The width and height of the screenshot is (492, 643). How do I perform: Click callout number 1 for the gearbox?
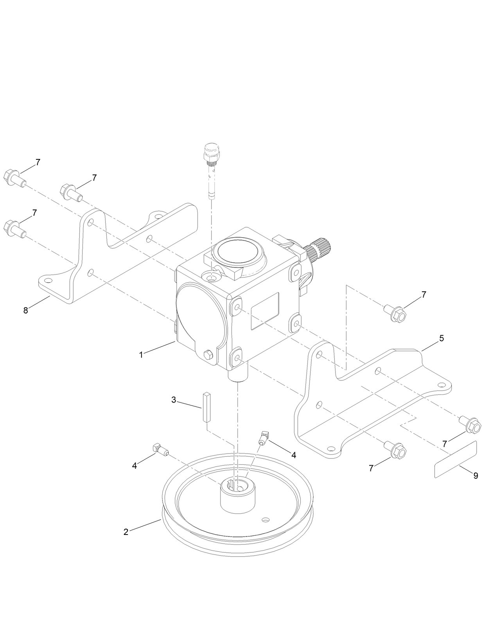click(x=141, y=354)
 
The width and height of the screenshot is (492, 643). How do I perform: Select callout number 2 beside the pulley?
click(x=126, y=532)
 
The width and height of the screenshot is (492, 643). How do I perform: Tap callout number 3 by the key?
click(x=174, y=400)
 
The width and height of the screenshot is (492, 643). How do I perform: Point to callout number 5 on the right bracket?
click(x=442, y=338)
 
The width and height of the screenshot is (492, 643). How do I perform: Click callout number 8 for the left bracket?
click(x=26, y=311)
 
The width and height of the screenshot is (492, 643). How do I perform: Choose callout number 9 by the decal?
click(x=476, y=475)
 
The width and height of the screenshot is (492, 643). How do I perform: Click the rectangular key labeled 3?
click(x=206, y=406)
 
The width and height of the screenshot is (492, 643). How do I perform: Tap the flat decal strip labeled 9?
click(x=456, y=459)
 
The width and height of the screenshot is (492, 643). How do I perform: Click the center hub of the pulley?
click(x=237, y=495)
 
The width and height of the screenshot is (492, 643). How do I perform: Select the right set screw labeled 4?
click(x=264, y=437)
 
